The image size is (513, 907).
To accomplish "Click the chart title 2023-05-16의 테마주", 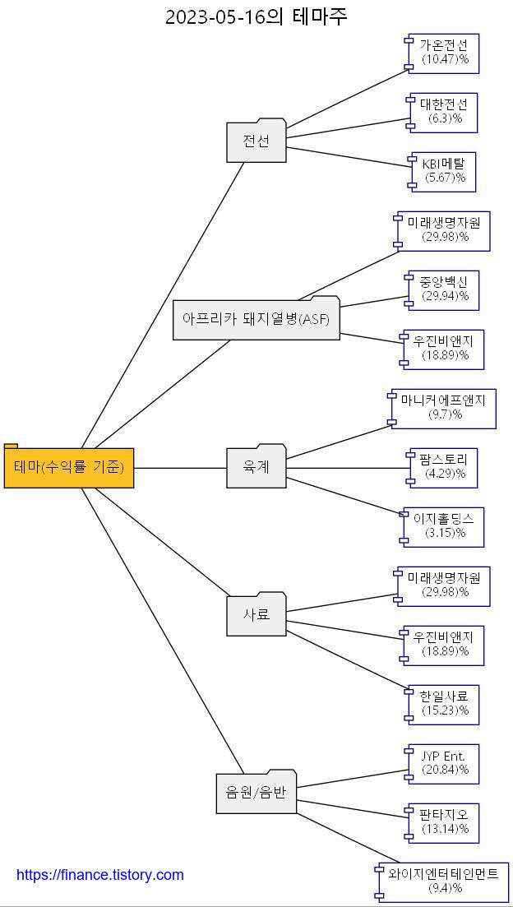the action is [x=256, y=16].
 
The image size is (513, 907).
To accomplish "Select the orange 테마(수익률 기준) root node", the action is [x=69, y=468].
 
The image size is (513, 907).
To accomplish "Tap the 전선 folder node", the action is [x=256, y=141].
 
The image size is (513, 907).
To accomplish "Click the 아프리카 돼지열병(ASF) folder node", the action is [x=256, y=319].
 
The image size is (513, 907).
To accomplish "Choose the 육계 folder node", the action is [x=256, y=467].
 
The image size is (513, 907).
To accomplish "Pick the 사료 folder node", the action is [x=256, y=614].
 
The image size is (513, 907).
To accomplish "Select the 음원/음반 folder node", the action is [x=256, y=793].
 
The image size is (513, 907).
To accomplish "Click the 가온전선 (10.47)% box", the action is [x=444, y=53].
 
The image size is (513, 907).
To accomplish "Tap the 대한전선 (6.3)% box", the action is [x=444, y=112].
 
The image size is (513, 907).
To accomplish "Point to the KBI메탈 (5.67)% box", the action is [x=444, y=171].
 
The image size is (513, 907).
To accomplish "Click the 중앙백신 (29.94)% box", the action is [x=444, y=289].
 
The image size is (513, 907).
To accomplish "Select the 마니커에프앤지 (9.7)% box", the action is [x=444, y=408].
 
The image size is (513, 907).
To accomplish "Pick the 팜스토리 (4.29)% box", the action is [x=444, y=467].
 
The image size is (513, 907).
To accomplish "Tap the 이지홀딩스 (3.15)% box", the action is [x=444, y=526].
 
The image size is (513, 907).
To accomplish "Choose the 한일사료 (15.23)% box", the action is [x=444, y=704].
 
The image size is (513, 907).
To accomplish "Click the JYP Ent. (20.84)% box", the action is [x=444, y=763].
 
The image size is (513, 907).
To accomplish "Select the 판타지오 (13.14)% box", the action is [x=444, y=822].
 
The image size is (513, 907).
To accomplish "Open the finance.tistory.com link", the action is [x=100, y=875].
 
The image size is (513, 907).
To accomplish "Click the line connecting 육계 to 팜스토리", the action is [x=345, y=468].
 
